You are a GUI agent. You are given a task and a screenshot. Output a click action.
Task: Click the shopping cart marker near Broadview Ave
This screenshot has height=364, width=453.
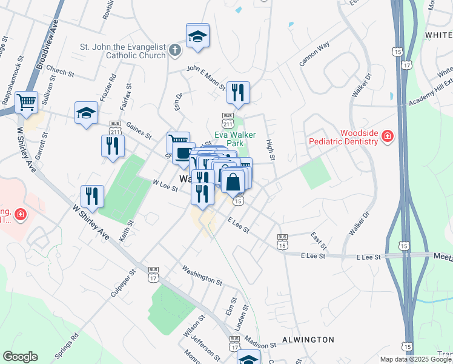click(27, 103)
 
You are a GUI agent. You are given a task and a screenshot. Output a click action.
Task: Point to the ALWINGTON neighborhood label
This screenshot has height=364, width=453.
click(308, 340)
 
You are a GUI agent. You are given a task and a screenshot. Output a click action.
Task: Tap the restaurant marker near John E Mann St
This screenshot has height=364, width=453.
click(238, 92)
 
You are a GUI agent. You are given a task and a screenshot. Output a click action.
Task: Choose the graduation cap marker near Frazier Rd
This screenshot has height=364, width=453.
click(86, 112)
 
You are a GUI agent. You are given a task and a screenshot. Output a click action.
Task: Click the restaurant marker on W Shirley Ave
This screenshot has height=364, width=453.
click(92, 196)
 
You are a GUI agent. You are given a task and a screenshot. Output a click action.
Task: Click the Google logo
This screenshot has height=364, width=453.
click(20, 357)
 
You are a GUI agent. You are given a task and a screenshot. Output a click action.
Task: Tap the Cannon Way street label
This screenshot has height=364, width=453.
click(314, 54)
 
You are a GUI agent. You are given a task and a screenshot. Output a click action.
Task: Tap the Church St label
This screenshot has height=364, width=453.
click(59, 73)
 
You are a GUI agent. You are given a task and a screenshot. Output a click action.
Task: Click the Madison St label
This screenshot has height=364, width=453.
click(261, 344)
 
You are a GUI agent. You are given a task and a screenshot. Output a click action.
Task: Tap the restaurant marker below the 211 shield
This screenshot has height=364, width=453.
click(113, 146)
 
